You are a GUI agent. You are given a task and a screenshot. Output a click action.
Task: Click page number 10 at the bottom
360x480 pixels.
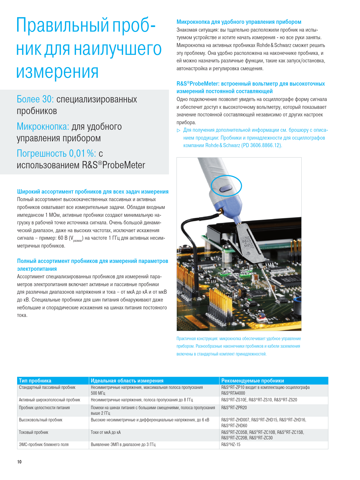19,462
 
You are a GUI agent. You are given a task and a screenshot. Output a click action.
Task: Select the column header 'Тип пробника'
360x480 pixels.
35,380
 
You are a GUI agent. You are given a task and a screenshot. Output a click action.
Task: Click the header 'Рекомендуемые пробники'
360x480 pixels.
253,380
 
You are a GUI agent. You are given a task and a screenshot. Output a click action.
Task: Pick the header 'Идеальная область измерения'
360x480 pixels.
127,380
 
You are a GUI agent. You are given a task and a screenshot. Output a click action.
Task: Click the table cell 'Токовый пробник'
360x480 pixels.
34,432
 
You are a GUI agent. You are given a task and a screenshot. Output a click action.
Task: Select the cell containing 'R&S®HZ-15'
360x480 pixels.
231,444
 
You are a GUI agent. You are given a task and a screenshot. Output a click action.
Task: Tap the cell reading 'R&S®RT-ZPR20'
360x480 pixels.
234,407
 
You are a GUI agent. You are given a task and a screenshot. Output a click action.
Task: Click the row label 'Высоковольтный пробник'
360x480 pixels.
41,420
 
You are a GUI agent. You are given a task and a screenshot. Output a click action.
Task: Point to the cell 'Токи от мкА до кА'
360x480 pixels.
106,432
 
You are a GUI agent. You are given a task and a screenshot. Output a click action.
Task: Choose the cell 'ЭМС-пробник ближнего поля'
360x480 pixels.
44,444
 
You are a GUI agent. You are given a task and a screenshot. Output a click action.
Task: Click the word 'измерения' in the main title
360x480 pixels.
57,72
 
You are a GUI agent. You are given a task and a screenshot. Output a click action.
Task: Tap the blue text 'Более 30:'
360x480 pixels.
35,99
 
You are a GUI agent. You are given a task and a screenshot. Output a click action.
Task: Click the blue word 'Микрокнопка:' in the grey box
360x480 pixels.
43,127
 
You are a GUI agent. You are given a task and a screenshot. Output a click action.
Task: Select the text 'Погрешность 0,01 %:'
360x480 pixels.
56,153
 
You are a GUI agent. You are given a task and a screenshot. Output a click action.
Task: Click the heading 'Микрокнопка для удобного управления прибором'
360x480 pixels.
239,22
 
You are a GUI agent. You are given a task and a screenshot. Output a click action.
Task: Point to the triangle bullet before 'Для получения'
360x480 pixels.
179,130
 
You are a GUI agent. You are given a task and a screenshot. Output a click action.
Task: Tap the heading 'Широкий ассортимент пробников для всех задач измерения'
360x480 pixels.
93,192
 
